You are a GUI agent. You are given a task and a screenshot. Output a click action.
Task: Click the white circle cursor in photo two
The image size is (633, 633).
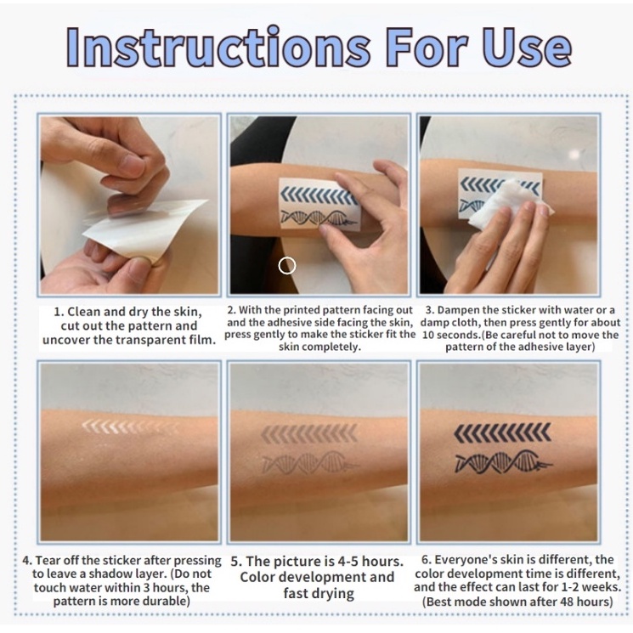click(x=287, y=266)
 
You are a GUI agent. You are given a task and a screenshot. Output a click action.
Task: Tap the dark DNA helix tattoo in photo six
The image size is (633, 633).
click(x=504, y=462)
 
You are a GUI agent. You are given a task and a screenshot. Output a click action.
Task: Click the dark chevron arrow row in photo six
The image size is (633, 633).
click(x=502, y=432)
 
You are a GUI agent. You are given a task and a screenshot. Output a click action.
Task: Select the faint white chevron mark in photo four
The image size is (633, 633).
click(x=130, y=427)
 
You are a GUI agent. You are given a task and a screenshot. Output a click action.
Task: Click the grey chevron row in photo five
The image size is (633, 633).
click(x=309, y=433)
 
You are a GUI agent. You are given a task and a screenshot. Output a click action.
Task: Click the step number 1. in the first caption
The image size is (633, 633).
click(x=59, y=312)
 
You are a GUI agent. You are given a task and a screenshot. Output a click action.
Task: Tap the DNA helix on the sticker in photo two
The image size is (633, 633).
click(x=319, y=218)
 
